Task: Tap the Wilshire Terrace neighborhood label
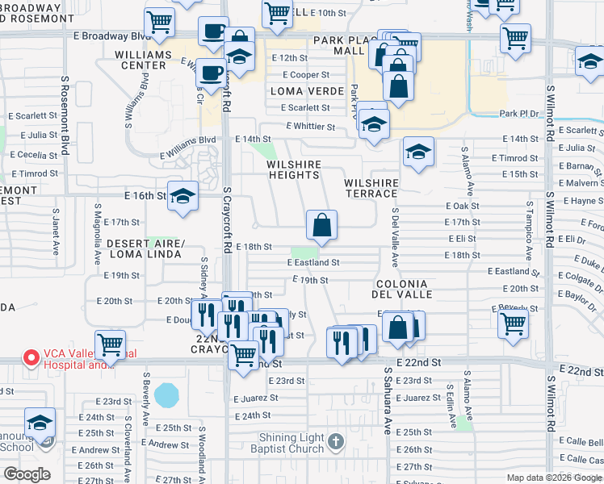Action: tap(371, 189)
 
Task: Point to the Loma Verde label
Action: tap(301, 91)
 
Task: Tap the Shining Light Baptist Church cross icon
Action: tap(337, 442)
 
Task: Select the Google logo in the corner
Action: tap(27, 474)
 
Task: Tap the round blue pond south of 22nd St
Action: tap(166, 395)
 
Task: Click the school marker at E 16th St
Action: tap(183, 197)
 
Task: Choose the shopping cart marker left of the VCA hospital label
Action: tap(111, 344)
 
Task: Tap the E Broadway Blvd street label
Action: tap(115, 36)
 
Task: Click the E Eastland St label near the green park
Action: tap(313, 262)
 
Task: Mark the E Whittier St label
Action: tap(311, 127)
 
